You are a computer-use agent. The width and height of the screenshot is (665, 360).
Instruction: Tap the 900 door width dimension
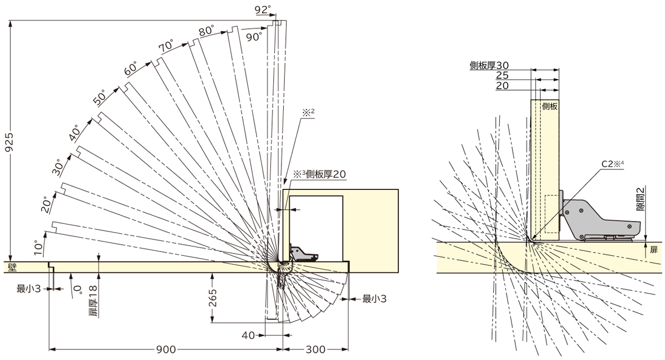[166, 349]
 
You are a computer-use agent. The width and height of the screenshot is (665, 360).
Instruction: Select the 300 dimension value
[315, 349]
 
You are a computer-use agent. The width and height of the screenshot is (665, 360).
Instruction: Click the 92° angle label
[263, 9]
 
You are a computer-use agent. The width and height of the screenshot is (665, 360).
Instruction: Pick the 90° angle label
[254, 37]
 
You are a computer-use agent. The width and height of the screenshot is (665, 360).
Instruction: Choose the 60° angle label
[131, 69]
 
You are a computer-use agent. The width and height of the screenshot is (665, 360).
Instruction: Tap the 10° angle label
[38, 248]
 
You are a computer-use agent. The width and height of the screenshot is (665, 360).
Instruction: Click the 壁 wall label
[12, 267]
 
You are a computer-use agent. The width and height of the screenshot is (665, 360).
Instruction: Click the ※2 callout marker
[309, 112]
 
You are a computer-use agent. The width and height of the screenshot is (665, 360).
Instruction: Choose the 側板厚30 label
[489, 65]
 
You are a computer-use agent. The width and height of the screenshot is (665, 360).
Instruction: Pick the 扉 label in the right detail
[654, 250]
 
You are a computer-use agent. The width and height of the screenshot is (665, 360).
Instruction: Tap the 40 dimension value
[248, 335]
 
